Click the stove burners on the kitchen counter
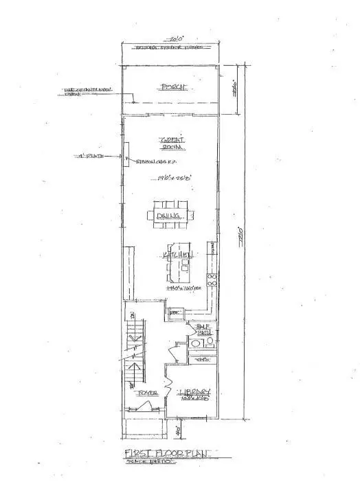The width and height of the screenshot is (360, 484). pyautogui.click(x=213, y=279)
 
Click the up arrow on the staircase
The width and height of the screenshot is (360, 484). pyautogui.click(x=137, y=337)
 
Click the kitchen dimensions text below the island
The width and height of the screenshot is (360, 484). pyautogui.click(x=182, y=289)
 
